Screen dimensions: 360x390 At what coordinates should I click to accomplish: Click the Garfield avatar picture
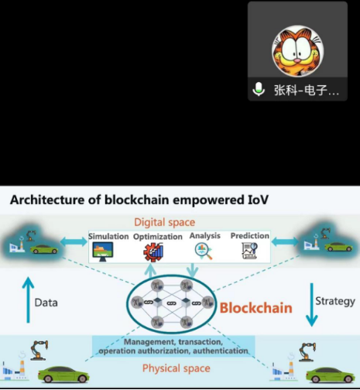(297, 51)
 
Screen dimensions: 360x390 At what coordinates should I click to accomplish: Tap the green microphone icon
(259, 89)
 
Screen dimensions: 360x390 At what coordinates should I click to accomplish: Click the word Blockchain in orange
(256, 308)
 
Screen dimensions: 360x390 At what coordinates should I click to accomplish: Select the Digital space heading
(165, 222)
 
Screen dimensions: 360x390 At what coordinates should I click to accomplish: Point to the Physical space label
(177, 368)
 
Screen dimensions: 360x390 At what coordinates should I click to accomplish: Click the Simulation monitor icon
(103, 251)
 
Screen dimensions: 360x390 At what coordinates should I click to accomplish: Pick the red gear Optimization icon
(153, 252)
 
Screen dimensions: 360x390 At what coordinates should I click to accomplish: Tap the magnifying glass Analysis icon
(204, 251)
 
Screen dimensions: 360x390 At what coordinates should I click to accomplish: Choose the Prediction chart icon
(249, 251)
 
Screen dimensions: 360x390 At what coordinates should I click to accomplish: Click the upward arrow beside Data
(28, 299)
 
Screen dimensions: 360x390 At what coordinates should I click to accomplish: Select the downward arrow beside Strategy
(312, 305)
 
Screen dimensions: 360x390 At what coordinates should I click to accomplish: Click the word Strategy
(335, 301)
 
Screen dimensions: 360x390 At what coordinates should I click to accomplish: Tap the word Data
(46, 303)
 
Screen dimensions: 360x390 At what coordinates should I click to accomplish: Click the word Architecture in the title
(47, 200)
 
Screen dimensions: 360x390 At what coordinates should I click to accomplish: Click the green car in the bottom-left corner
(63, 374)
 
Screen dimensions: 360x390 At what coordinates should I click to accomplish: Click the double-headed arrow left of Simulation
(74, 241)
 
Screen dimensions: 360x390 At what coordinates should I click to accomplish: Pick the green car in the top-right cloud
(338, 247)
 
